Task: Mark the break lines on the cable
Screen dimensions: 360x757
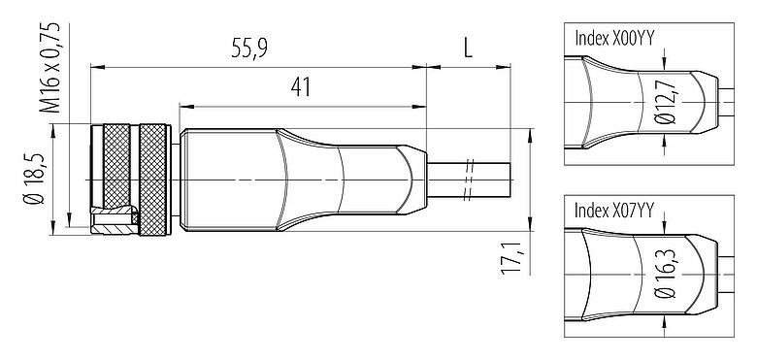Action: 468,180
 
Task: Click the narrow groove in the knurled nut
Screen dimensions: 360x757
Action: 136,180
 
